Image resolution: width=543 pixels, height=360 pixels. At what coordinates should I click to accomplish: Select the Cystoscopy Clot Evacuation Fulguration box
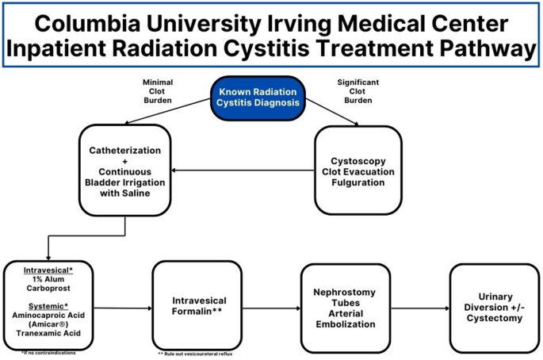click(x=358, y=169)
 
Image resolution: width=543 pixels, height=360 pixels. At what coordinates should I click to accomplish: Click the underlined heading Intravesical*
click(x=48, y=270)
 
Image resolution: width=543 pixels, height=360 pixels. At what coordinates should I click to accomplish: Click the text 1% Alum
click(x=48, y=280)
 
